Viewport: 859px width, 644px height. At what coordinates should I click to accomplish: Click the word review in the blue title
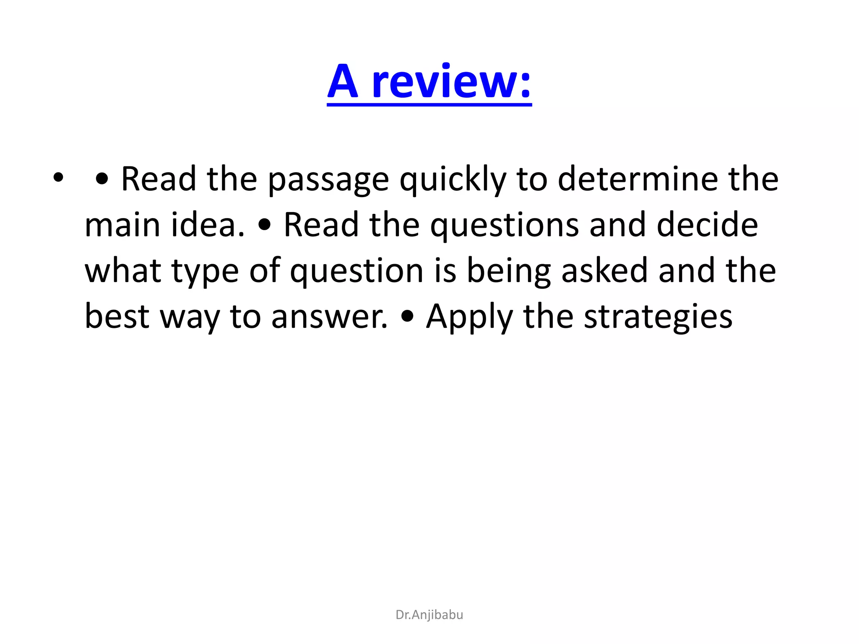452,82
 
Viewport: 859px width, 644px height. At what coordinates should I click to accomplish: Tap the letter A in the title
343,82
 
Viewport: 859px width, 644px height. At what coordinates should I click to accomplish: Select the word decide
707,225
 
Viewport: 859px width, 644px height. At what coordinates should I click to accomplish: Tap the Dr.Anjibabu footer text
429,615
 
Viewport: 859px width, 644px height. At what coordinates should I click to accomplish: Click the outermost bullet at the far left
58,178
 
